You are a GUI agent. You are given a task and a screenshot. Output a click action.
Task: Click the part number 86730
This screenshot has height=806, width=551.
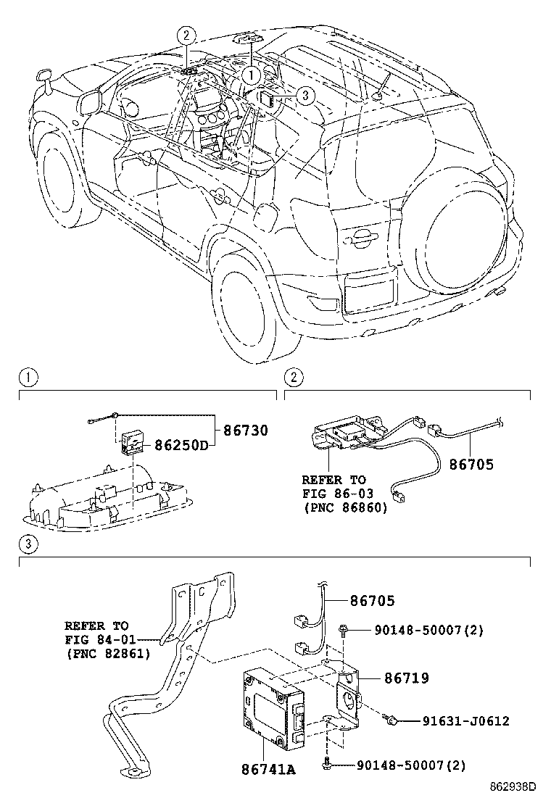tap(245, 431)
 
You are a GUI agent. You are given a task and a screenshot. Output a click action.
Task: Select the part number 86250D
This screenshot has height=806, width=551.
tap(180, 445)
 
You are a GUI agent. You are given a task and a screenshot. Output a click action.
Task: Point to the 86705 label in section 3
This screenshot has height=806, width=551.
tap(373, 600)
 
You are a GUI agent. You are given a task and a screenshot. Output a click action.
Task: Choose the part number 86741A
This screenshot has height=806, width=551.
tap(268, 769)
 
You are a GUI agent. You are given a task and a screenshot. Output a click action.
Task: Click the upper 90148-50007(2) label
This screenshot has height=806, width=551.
tap(420, 631)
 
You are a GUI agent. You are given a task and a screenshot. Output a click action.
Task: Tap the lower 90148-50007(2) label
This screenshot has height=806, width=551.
tap(411, 765)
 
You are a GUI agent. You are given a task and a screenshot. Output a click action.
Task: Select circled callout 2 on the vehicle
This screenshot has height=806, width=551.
tap(186, 34)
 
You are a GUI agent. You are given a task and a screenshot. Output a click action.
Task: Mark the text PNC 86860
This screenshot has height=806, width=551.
tap(345, 508)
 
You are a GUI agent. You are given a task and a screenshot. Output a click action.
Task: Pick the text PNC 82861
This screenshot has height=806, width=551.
tap(107, 654)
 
